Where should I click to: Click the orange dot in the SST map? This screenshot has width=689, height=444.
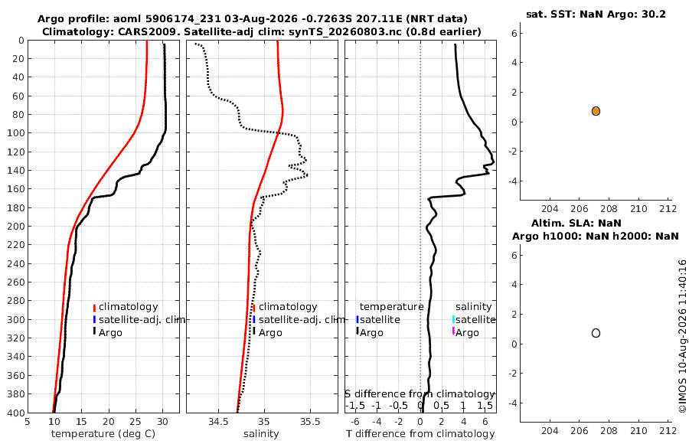click(596, 111)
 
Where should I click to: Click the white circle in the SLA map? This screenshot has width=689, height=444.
click(596, 333)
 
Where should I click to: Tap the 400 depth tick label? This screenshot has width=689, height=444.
click(16, 413)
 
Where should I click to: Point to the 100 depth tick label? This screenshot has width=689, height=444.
click(16, 132)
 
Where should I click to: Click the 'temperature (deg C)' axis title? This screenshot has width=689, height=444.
click(103, 434)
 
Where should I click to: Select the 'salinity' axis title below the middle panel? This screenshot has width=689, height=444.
click(261, 434)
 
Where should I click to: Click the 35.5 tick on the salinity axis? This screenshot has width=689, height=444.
click(310, 422)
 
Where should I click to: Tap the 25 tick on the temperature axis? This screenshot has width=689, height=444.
click(136, 422)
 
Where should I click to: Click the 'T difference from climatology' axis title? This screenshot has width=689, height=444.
click(420, 434)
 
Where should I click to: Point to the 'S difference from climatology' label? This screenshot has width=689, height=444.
click(420, 393)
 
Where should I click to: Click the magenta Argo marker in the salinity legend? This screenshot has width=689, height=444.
click(453, 331)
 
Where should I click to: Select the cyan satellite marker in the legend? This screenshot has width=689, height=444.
click(453, 319)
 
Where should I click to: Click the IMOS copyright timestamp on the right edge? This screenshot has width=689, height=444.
click(682, 336)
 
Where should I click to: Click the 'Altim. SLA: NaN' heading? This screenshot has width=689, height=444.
click(576, 223)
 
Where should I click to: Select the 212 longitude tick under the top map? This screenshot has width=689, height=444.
click(668, 209)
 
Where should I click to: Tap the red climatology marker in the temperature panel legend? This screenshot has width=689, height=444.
click(94, 308)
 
